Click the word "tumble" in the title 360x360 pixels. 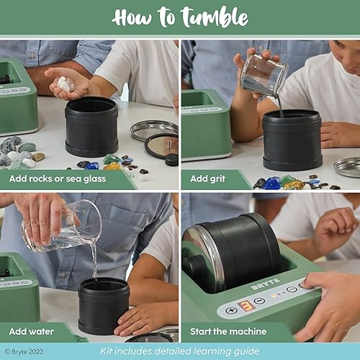pos(215,17)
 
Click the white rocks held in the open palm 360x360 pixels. pos(65,84)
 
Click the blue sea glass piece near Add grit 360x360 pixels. pos(273,184)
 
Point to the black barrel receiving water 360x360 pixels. pos(104,305)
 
